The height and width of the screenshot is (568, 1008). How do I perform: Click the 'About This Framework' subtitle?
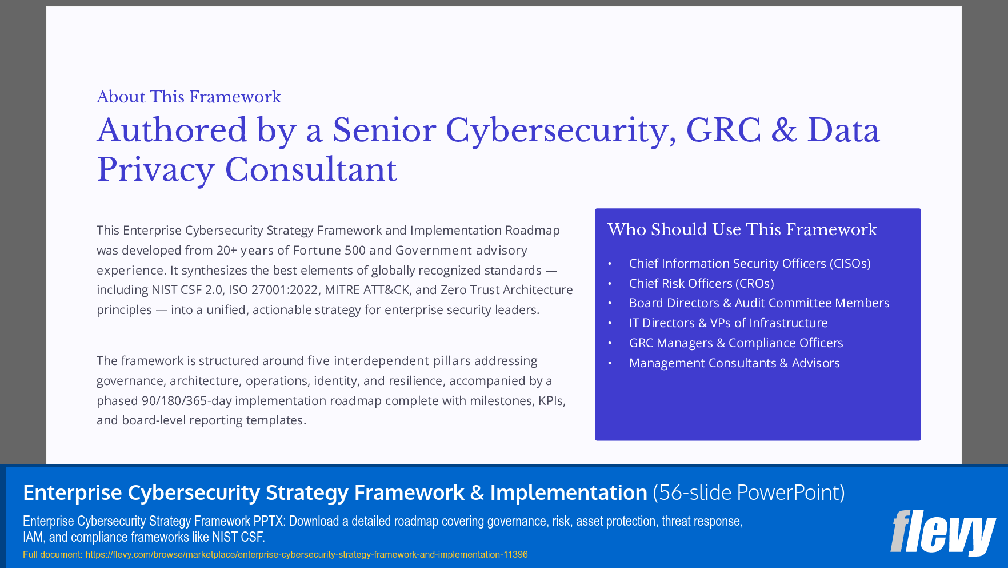point(189,97)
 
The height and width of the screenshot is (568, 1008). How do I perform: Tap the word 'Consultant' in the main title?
point(311,170)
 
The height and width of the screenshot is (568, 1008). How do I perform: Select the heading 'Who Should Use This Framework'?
point(742,229)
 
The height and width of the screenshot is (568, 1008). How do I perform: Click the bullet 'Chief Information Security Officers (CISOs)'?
point(749,263)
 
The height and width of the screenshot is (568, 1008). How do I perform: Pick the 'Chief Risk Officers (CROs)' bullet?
point(701,283)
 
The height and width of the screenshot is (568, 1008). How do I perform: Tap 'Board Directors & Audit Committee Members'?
point(759,303)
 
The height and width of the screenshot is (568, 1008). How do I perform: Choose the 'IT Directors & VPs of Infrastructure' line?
point(728,323)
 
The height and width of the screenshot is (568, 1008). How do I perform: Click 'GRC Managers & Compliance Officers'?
point(735,343)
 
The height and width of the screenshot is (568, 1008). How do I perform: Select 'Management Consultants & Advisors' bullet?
point(734,363)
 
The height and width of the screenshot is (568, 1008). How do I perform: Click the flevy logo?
point(942,533)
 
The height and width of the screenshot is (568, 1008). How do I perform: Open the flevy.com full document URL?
point(306,554)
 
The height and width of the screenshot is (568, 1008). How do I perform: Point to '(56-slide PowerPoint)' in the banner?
point(749,492)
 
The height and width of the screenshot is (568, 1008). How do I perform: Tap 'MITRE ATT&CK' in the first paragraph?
point(367,290)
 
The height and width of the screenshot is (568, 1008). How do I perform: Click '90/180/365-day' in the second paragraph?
point(186,401)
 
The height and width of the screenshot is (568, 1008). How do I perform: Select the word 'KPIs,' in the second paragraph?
point(551,401)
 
